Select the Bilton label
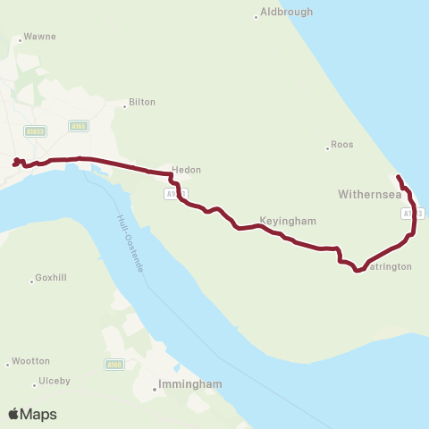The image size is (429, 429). click(142, 102)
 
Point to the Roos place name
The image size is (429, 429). click(342, 144)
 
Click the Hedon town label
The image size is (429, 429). click(187, 170)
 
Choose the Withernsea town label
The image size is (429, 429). click(369, 194)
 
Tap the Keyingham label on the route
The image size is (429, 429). click(288, 220)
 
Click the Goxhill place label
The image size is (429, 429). click(51, 278)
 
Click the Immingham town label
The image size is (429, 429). click(189, 384)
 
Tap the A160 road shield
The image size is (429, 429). click(114, 364)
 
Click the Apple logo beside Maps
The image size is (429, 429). click(13, 413)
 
